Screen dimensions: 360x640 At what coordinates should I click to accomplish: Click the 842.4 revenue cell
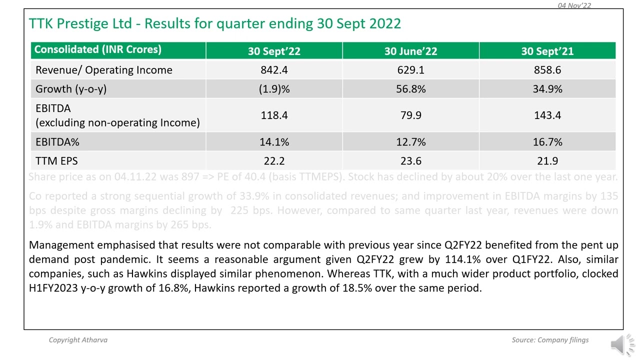pos(274,70)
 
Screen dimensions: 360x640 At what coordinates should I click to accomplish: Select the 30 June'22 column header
pos(410,51)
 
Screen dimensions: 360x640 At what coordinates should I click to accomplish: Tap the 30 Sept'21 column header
pos(547,51)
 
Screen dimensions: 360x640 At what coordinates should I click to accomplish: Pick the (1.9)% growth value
pos(274,89)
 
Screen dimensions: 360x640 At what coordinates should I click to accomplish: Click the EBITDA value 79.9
pos(410,115)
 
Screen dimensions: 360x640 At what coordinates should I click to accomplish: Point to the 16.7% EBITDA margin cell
pos(547,142)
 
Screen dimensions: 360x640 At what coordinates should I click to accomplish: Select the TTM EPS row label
pos(56,161)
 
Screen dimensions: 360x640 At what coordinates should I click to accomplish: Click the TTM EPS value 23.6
pos(410,161)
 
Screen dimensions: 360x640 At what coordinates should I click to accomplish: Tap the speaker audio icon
pos(621,344)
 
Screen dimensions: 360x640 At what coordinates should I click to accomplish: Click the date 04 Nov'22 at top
pos(574,5)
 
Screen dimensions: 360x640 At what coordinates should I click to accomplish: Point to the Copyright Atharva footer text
pos(78,340)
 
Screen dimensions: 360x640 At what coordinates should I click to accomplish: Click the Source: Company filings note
pos(550,340)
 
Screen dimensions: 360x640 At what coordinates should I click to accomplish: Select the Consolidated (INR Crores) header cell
pos(97,49)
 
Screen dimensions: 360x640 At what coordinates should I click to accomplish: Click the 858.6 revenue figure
pos(547,70)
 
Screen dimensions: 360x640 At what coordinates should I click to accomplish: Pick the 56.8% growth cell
pos(410,89)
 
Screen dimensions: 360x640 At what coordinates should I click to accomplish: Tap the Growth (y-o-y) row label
pos(71,89)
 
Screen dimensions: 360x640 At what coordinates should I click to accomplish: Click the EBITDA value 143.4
pos(547,115)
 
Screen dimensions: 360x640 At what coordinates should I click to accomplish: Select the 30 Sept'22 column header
pos(274,51)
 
